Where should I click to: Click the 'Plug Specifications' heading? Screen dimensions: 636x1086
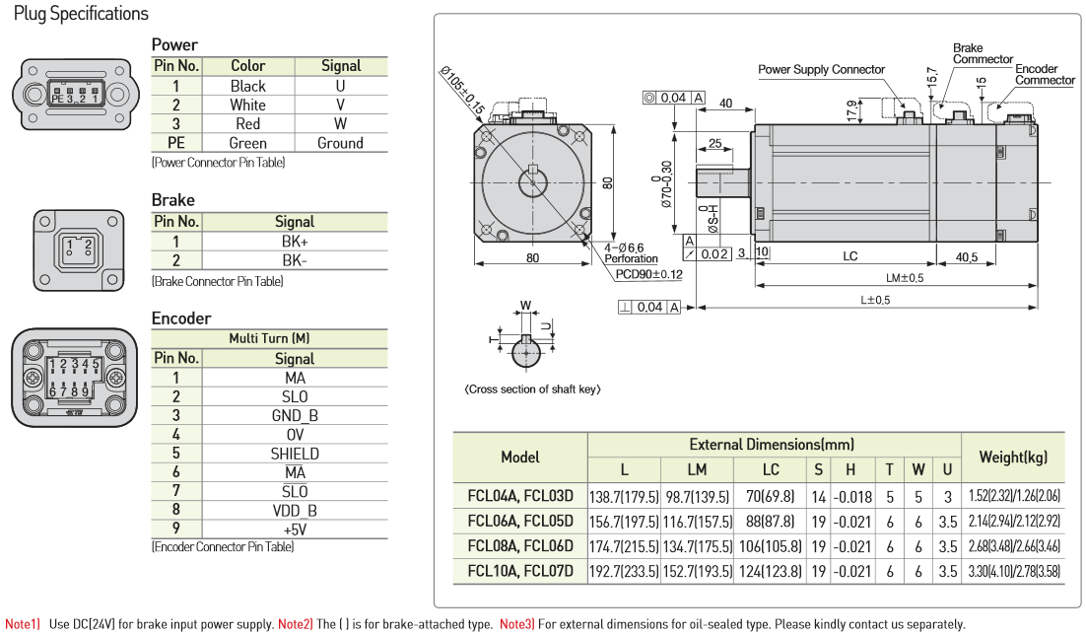click(81, 14)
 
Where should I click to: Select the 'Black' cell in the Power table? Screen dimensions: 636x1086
click(248, 86)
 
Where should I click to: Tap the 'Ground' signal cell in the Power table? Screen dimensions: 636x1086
click(340, 143)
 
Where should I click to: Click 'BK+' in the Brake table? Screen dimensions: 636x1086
click(295, 242)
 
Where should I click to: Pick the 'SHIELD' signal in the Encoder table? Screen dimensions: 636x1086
click(295, 454)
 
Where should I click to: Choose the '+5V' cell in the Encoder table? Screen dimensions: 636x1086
click(295, 529)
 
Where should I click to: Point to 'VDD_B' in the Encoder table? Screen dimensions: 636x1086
click(295, 510)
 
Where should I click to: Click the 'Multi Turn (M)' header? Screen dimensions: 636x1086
click(269, 338)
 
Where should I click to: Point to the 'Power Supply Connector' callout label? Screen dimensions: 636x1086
click(821, 70)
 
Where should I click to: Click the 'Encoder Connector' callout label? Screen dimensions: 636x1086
click(1045, 74)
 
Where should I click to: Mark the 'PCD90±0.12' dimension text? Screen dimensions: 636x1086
click(648, 274)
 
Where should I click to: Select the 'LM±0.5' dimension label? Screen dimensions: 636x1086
click(904, 278)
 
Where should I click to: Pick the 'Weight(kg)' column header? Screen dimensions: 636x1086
click(1012, 457)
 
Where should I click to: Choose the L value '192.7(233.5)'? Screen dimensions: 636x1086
click(624, 571)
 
